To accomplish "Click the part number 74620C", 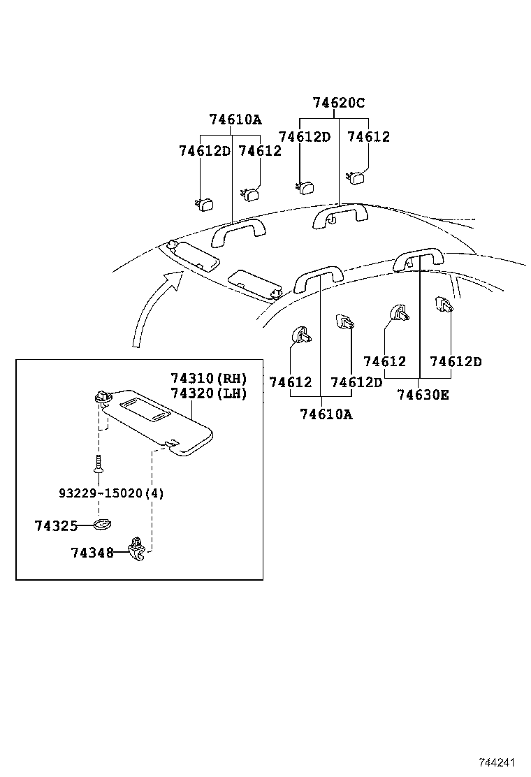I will [339, 103].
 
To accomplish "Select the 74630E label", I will [423, 395].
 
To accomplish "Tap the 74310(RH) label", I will [209, 378].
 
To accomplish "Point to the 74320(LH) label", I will [209, 393].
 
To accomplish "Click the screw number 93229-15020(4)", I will [111, 493].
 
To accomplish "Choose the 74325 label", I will [55, 526].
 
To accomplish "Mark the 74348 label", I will [92, 553].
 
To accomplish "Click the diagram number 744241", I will [501, 762].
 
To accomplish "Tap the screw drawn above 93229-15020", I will [99, 465].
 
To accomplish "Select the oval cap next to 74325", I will [102, 525].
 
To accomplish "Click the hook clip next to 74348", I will [138, 547].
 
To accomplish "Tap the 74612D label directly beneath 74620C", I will [304, 137].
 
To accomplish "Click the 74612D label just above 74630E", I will [456, 362].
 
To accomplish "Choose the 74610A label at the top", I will [235, 119].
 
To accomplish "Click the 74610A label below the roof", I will [326, 414].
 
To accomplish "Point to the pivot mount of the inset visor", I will [102, 397].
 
